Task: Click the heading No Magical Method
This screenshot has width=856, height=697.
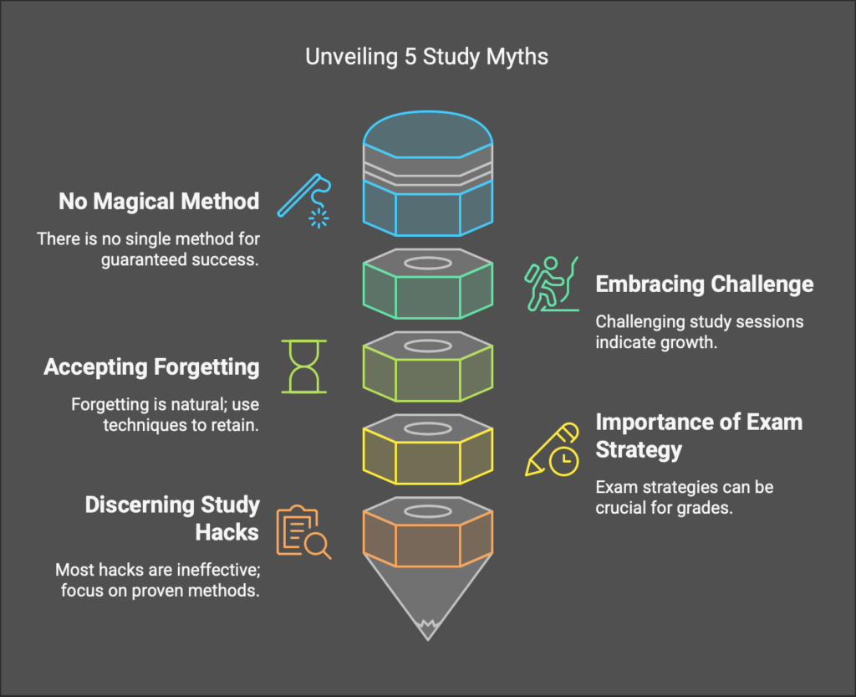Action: point(159,202)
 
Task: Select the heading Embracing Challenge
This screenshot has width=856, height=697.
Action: point(704,284)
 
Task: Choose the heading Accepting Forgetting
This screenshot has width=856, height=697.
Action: point(151,367)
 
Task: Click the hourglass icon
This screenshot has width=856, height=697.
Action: point(304,366)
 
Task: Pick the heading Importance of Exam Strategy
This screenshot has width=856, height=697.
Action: point(698,435)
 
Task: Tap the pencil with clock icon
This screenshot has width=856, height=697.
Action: point(553,449)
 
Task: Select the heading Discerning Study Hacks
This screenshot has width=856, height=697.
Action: point(172,519)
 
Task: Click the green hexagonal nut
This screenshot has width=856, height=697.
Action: point(427,284)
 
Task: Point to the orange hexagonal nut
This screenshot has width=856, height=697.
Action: point(427,534)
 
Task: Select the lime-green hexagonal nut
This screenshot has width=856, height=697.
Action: point(427,368)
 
